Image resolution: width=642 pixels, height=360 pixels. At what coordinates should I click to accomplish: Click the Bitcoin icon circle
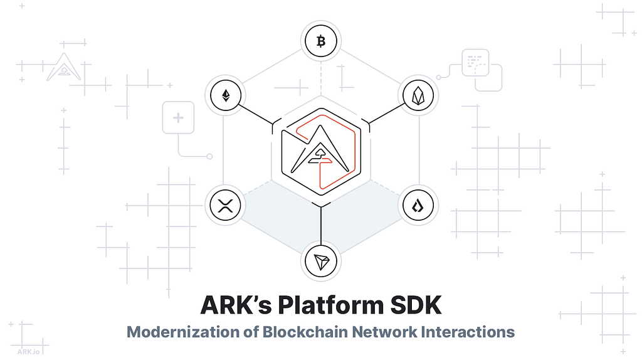click(321, 42)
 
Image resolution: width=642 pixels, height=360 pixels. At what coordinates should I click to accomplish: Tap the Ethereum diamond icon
click(224, 95)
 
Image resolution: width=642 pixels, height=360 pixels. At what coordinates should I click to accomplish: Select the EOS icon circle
click(418, 95)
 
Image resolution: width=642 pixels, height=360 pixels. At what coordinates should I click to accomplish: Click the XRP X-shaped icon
click(224, 205)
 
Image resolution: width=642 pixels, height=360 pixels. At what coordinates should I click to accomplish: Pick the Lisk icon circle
click(418, 205)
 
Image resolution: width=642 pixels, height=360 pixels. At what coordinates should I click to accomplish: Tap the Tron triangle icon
click(321, 260)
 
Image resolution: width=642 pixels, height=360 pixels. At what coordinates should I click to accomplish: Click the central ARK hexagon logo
click(321, 151)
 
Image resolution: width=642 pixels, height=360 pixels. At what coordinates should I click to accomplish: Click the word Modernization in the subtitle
click(177, 332)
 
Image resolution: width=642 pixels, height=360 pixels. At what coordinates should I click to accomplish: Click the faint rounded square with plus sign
click(178, 118)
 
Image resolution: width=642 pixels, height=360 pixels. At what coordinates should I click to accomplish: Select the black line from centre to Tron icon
click(321, 226)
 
